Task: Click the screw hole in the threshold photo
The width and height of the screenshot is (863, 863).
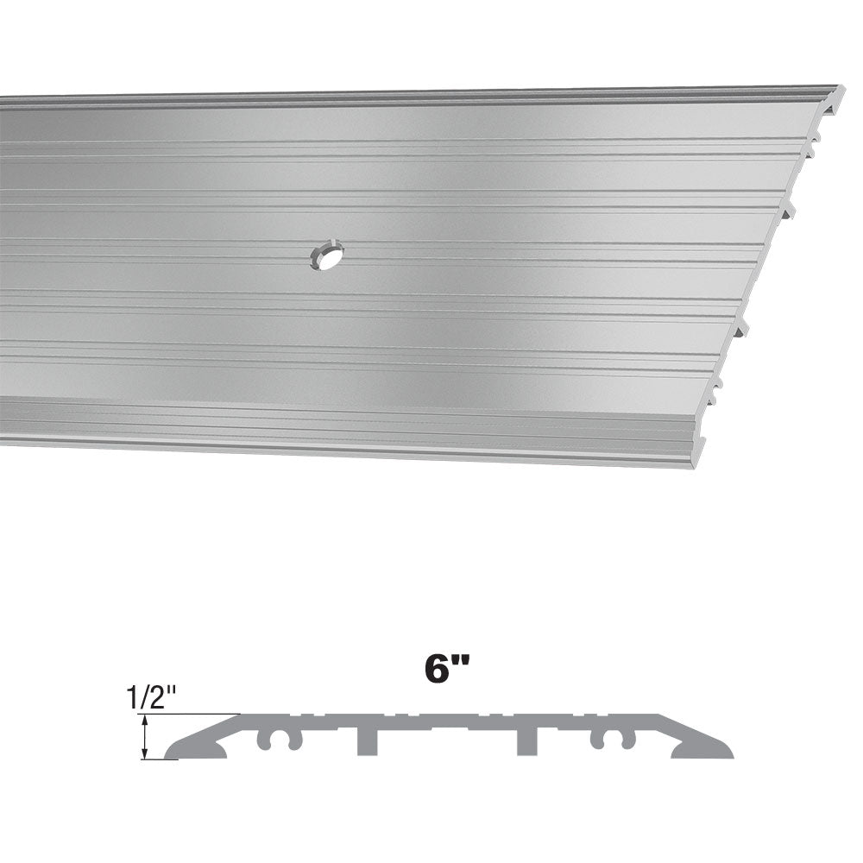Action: click(327, 255)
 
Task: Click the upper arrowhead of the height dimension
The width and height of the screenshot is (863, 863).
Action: click(145, 720)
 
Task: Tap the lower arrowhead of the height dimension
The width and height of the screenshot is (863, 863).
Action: click(145, 754)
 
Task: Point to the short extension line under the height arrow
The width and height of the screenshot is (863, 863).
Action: click(160, 760)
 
